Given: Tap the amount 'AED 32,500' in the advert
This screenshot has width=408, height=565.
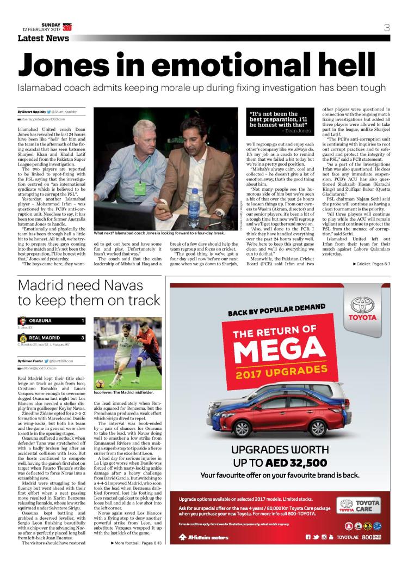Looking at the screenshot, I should click(295, 463).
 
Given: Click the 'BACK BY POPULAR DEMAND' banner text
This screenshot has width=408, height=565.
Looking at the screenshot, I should click(272, 312).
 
